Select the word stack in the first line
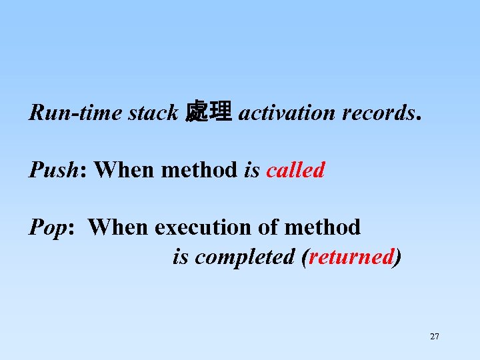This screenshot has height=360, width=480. (153, 113)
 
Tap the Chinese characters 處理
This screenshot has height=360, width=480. (209, 112)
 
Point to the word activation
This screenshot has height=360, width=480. (287, 113)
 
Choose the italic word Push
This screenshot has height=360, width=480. (53, 170)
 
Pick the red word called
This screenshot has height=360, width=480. (295, 170)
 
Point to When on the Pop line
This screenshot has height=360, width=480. (119, 227)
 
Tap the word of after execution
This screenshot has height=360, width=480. (269, 227)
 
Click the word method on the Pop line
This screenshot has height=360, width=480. (322, 227)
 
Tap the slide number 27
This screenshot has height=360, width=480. (435, 337)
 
